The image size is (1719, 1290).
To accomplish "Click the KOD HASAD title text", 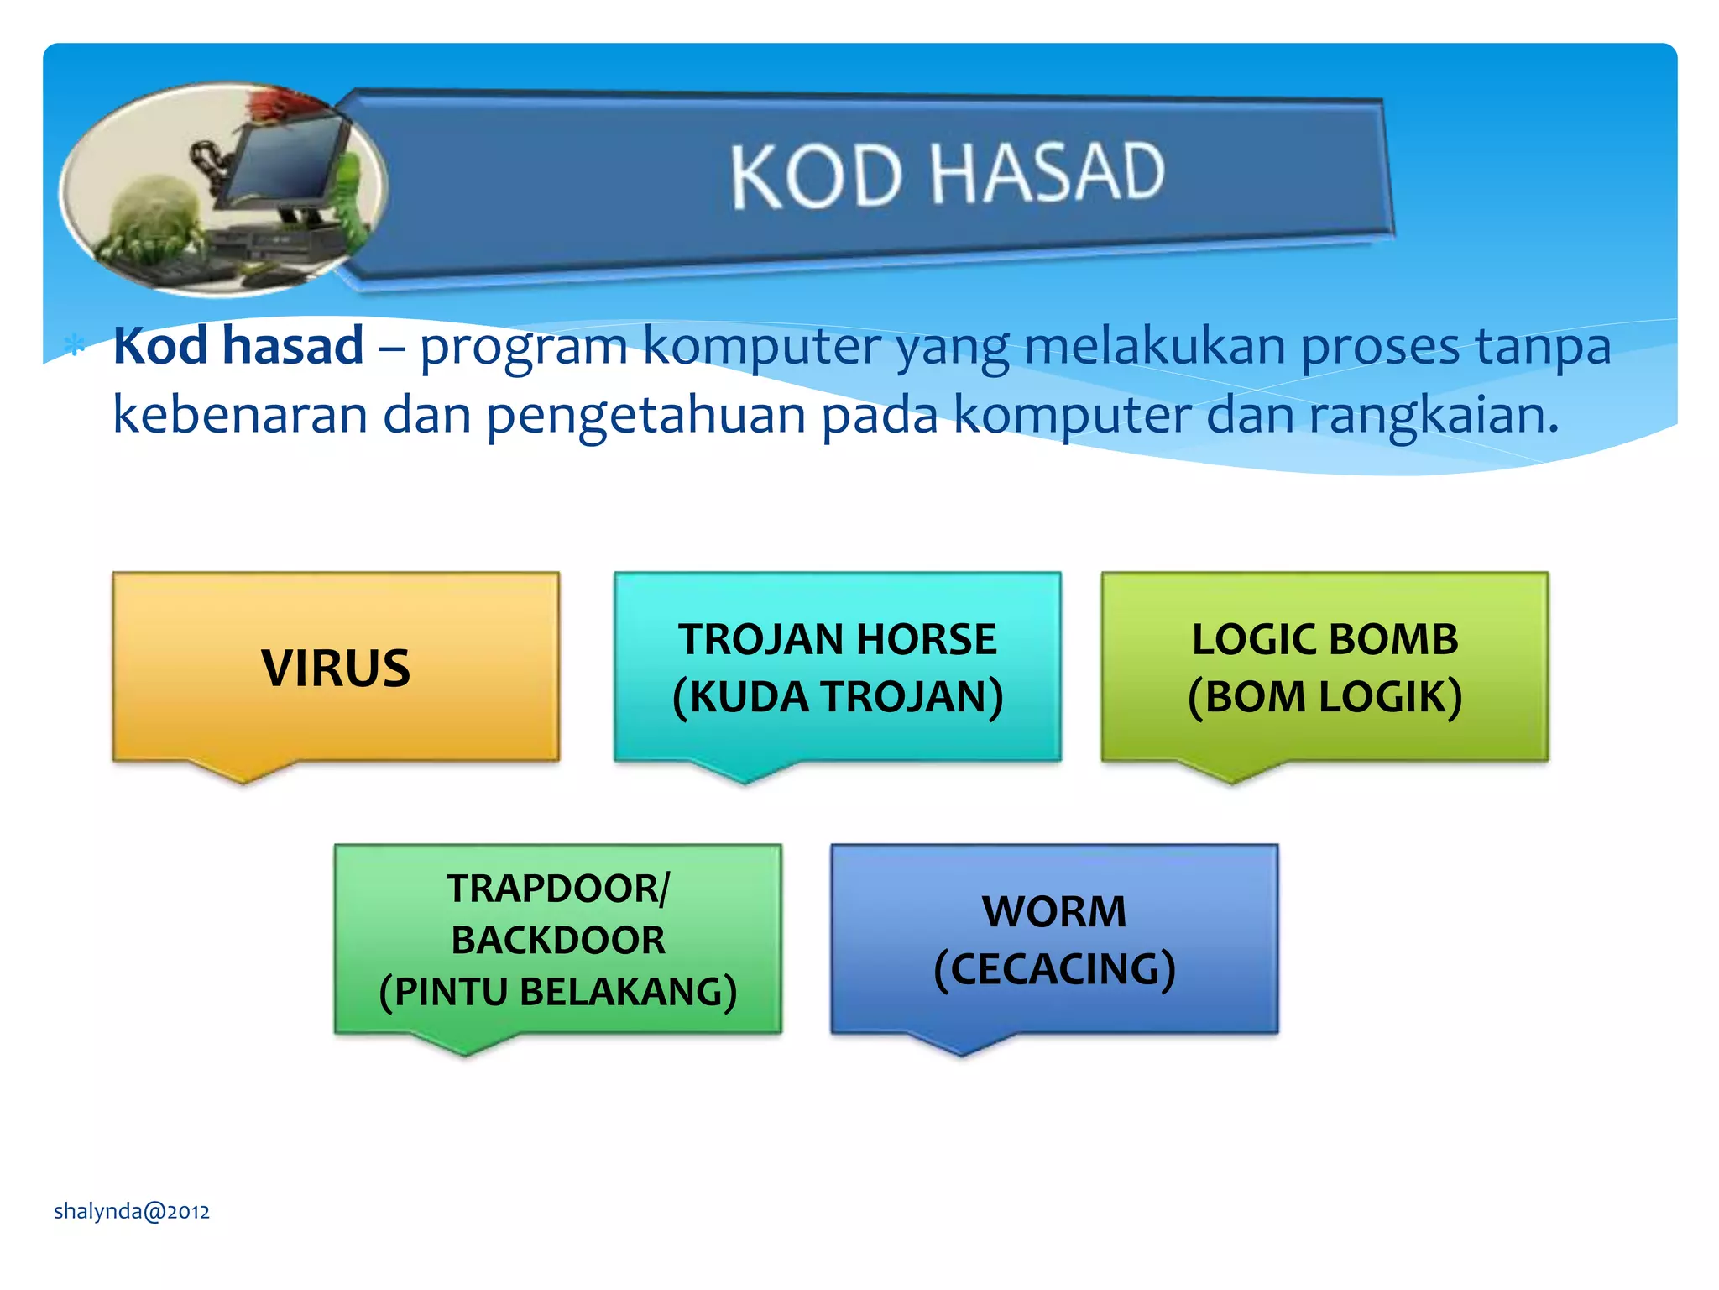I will [947, 175].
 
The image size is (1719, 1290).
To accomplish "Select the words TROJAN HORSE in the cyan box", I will [837, 639].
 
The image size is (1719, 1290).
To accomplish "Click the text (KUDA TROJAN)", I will [837, 697].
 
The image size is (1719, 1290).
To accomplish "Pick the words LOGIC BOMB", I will [1325, 639].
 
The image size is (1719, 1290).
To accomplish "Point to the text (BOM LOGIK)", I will [1325, 697].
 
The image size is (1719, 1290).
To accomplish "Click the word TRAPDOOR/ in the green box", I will [557, 889].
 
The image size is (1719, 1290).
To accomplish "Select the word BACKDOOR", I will [557, 940].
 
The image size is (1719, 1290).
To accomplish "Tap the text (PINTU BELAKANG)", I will [557, 992].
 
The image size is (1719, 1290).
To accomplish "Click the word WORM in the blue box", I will [1054, 911].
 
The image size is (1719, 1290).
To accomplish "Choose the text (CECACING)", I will [1054, 969].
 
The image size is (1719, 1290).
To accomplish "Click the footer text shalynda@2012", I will [132, 1211].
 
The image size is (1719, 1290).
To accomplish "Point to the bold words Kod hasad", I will [238, 346].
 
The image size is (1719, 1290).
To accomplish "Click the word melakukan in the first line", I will [1154, 346].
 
